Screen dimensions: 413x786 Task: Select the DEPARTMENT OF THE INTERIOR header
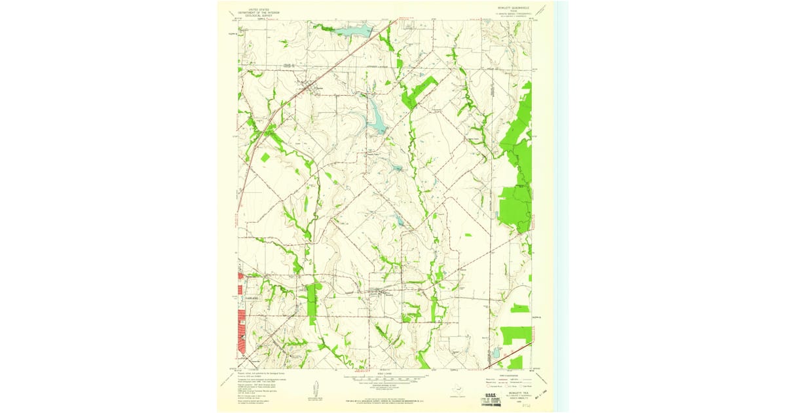point(259,12)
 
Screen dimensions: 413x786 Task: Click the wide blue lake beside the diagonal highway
point(354,30)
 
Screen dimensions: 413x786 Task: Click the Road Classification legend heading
point(508,374)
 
